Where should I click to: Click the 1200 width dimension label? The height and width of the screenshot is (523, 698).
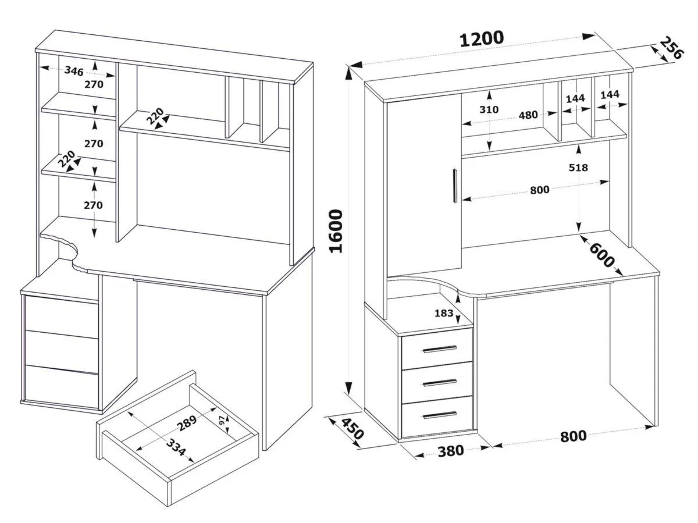point(482,39)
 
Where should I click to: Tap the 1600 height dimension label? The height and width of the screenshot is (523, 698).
point(337,230)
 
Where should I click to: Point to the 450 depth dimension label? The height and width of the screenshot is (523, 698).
point(352,430)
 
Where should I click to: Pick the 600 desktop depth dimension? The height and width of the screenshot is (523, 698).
point(602,255)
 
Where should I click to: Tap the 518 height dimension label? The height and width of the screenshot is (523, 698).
point(579,168)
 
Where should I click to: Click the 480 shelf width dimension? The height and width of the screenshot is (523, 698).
point(528,115)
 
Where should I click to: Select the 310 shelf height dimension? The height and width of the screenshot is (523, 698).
point(489,109)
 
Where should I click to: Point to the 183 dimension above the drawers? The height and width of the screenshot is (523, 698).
point(444,313)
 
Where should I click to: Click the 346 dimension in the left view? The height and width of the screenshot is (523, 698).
point(74,71)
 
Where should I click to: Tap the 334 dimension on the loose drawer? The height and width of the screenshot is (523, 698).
point(175,449)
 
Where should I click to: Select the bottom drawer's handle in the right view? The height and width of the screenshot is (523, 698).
point(440,415)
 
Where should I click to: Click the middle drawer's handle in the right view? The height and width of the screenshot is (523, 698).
point(440,382)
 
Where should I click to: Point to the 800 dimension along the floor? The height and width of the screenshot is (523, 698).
point(574,436)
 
